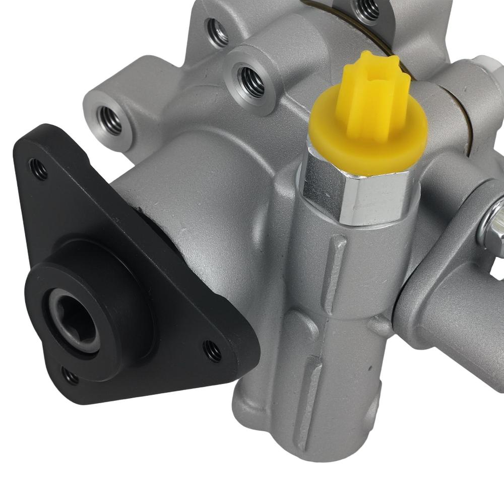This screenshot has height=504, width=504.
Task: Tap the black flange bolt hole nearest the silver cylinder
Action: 212,350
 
